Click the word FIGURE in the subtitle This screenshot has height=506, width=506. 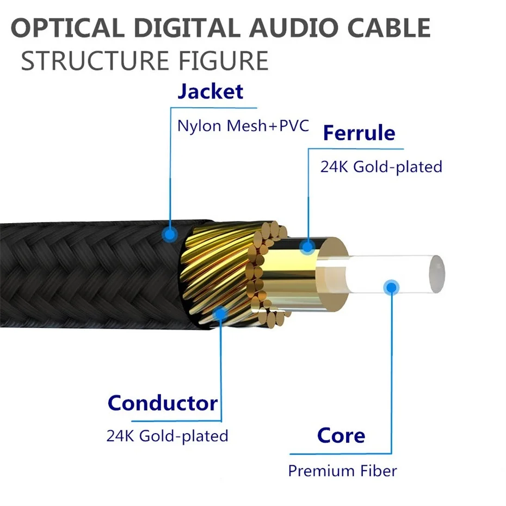(223, 61)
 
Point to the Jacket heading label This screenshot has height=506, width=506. (211, 91)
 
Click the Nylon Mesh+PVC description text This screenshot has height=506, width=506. (243, 126)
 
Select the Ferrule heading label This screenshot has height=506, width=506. (359, 133)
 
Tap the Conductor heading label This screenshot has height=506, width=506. (163, 403)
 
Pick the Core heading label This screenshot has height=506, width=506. (341, 436)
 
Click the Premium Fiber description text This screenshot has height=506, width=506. (342, 471)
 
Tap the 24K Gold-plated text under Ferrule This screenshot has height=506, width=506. (381, 167)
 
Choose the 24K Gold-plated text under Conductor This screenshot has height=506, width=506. (167, 436)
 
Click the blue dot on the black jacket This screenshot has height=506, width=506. (169, 234)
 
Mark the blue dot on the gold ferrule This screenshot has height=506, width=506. (307, 247)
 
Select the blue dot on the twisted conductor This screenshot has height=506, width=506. (220, 313)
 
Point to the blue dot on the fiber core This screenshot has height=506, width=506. (391, 287)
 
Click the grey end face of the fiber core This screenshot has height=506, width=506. (437, 274)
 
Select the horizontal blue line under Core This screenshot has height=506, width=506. (341, 454)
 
